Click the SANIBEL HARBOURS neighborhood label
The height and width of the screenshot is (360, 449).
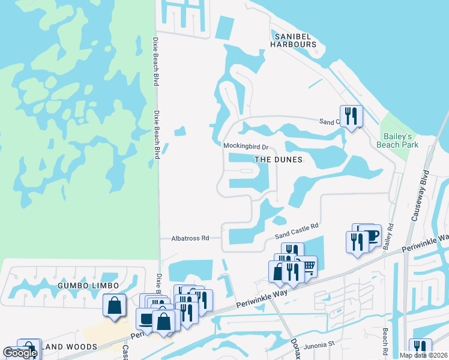[293, 40]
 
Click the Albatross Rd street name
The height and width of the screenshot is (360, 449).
[190, 238]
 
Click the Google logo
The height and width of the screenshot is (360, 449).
[20, 353]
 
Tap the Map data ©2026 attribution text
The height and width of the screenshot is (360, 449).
[423, 355]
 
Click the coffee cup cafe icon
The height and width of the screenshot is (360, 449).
[370, 234]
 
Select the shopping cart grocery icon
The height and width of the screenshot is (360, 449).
[307, 266]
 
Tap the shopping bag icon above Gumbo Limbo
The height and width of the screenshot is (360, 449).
[114, 305]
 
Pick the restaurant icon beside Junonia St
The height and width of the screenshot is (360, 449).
[420, 349]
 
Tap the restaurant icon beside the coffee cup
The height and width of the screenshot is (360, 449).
[357, 241]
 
